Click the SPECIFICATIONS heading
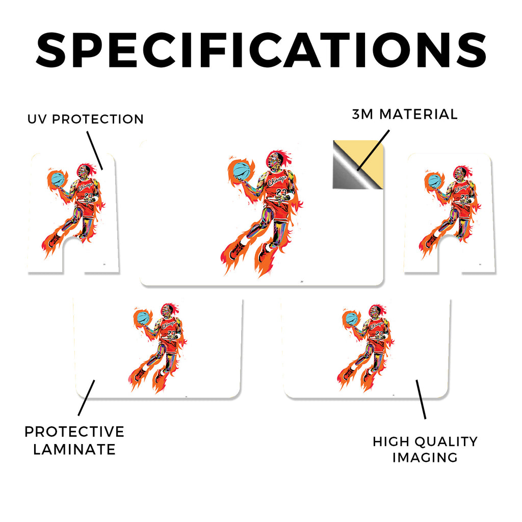click(x=261, y=50)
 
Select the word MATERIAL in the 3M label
click(x=419, y=114)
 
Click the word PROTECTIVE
click(x=74, y=432)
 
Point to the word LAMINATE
click(x=74, y=450)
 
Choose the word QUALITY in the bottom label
click(x=447, y=442)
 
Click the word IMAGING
click(x=425, y=457)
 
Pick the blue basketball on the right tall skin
click(x=434, y=180)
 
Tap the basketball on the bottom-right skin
click(x=352, y=318)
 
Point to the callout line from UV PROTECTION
click(x=95, y=150)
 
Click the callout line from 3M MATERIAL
click(x=373, y=150)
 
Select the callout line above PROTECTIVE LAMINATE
click(x=86, y=398)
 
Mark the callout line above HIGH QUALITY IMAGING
click(x=421, y=399)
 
